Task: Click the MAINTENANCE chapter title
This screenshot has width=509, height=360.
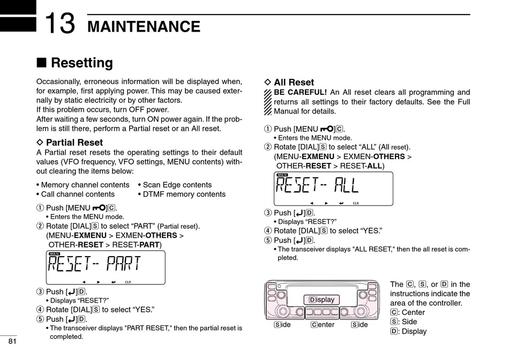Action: pyautogui.click(x=144, y=26)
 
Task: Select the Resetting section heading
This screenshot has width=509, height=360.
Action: pyautogui.click(x=81, y=63)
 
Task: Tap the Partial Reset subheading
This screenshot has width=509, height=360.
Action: pyautogui.click(x=74, y=142)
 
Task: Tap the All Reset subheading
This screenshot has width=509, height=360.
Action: pyautogui.click(x=294, y=82)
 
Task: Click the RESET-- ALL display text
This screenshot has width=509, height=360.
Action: pyautogui.click(x=317, y=185)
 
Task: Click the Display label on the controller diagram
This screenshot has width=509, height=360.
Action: pyautogui.click(x=321, y=299)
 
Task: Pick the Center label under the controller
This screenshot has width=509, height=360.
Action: pyautogui.click(x=323, y=325)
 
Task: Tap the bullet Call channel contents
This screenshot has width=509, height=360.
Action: pyautogui.click(x=77, y=194)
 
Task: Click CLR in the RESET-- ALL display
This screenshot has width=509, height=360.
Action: pyautogui.click(x=356, y=203)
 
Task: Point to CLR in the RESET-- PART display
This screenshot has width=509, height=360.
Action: pyautogui.click(x=128, y=282)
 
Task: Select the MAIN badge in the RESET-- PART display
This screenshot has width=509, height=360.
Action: pyautogui.click(x=54, y=254)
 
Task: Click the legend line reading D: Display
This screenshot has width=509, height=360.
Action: pyautogui.click(x=408, y=331)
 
